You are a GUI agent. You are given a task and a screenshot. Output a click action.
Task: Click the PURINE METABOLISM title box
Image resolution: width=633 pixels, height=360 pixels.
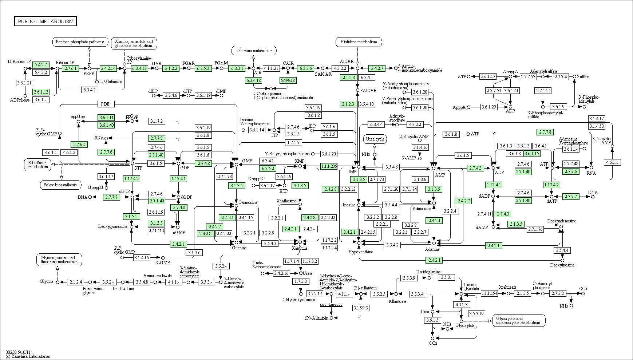pos(46,21)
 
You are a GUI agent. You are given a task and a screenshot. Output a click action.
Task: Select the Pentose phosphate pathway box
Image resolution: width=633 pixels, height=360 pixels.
pos(80,42)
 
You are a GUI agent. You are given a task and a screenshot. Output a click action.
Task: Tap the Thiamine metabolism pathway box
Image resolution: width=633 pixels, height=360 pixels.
pos(254,51)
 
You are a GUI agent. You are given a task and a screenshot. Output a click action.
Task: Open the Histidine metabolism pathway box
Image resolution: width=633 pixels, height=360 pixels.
pos(359,42)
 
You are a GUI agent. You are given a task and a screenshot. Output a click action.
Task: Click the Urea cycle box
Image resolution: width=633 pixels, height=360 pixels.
pos(375,139)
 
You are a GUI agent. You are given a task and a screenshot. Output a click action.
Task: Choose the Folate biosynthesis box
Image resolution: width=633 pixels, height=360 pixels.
pos(60,185)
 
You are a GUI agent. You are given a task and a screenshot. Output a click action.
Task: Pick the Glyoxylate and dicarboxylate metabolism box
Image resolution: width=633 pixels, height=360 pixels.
pos(519,320)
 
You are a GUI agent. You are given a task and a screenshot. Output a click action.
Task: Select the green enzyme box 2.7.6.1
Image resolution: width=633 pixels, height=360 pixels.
pos(70,68)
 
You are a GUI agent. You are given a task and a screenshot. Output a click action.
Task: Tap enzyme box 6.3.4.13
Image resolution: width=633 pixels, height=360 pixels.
pos(139,68)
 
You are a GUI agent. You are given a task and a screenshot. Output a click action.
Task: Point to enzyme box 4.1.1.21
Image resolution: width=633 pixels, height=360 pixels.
pos(271,68)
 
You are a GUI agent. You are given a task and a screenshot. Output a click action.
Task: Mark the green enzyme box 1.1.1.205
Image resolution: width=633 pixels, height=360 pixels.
pos(329,166)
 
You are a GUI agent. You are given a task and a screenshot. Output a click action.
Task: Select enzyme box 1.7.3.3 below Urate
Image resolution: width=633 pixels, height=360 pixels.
pos(301,281)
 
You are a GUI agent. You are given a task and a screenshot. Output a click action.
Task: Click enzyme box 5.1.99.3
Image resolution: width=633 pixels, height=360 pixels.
pos(361,308)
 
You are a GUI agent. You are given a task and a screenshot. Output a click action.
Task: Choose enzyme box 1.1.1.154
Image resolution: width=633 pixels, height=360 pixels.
pos(489,293)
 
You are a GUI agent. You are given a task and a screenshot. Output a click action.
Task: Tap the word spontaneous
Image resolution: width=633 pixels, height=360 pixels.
pos(331,305)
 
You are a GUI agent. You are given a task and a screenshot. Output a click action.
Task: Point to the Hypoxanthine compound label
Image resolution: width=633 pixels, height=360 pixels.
pos(360,252)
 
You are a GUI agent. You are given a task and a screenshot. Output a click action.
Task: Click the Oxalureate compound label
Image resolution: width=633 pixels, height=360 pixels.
pos(507,287)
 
